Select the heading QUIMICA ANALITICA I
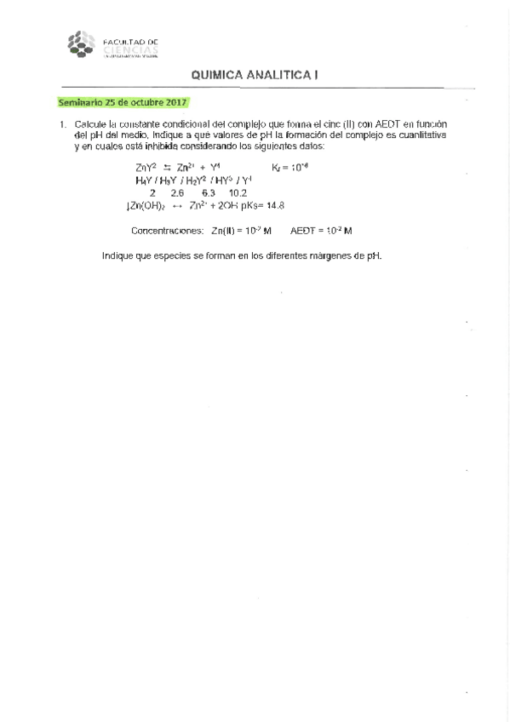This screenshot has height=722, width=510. [x=255, y=76]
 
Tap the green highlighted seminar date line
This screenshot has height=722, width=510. [x=122, y=102]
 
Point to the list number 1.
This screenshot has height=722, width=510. [x=61, y=124]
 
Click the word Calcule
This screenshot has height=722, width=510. [x=91, y=124]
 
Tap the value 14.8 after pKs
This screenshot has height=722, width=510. [x=275, y=206]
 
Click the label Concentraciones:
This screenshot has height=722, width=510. [x=168, y=231]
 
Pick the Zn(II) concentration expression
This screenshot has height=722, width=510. [x=241, y=231]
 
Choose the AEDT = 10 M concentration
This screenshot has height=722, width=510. [x=321, y=231]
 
